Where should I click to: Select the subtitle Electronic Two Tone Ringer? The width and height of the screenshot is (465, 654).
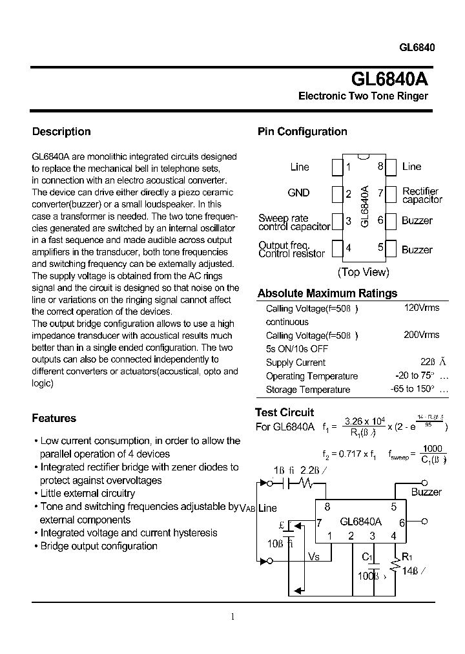(x=363, y=96)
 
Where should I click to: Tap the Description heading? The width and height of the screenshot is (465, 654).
(x=61, y=132)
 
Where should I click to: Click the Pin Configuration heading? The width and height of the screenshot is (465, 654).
(x=302, y=132)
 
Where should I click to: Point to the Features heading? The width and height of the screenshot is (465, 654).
(x=54, y=418)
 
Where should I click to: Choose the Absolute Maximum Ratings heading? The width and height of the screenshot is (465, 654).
(x=327, y=293)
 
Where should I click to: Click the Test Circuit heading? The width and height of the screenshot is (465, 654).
(x=284, y=412)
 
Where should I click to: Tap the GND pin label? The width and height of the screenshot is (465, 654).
(x=298, y=193)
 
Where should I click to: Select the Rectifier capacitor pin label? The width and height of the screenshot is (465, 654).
(x=422, y=195)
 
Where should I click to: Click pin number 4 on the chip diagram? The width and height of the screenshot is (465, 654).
(x=348, y=248)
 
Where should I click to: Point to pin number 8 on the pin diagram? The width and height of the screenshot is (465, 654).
(x=381, y=167)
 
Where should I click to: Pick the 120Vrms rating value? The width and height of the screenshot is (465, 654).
(x=421, y=308)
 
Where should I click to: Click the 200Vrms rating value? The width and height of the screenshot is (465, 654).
(x=421, y=335)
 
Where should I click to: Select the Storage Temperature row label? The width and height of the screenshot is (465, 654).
(x=307, y=390)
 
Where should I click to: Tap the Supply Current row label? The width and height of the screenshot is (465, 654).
(x=295, y=363)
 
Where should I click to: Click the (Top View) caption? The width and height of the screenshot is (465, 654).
(x=364, y=272)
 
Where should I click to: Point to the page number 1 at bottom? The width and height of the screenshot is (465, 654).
(x=232, y=617)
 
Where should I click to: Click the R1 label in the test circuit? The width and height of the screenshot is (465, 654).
(x=407, y=556)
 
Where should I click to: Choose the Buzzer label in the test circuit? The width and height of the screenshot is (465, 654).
(x=426, y=492)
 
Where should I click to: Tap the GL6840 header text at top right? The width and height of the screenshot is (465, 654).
(x=417, y=48)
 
